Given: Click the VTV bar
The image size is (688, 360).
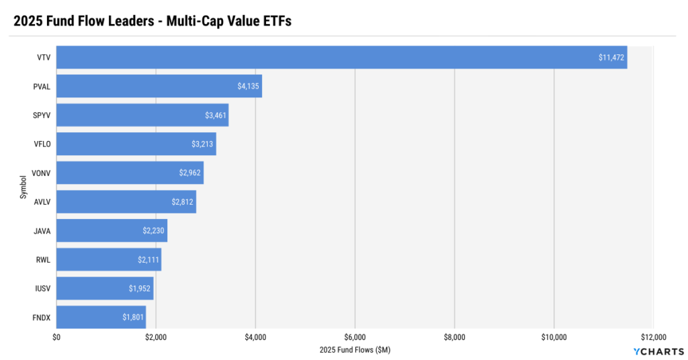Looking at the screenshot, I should pyautogui.click(x=341, y=58).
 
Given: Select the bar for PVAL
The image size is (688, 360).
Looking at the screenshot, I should pyautogui.click(x=159, y=87).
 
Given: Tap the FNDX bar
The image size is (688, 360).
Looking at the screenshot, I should pyautogui.click(x=101, y=317).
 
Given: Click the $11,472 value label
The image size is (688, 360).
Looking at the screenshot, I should pyautogui.click(x=611, y=58).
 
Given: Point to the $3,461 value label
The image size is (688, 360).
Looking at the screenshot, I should pyautogui.click(x=216, y=116).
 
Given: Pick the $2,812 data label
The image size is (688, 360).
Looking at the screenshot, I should pyautogui.click(x=183, y=201).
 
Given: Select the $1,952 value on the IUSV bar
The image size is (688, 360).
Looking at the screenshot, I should pyautogui.click(x=140, y=288).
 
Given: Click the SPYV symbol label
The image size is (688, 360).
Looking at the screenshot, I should pyautogui.click(x=42, y=116).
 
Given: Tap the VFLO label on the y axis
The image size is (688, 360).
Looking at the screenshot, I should pyautogui.click(x=42, y=144).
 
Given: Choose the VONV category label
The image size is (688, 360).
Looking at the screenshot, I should pyautogui.click(x=42, y=173).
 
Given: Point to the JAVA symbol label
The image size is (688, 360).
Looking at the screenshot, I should pyautogui.click(x=42, y=230).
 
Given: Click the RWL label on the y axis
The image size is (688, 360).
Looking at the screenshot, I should pyautogui.click(x=43, y=259).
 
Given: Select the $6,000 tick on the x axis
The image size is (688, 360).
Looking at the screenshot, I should pyautogui.click(x=355, y=336).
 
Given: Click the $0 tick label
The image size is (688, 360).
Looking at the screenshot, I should pyautogui.click(x=56, y=336).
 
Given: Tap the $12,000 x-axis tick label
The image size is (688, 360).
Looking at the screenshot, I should pyautogui.click(x=653, y=336).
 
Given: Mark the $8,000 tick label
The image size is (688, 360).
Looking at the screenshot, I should pyautogui.click(x=454, y=336).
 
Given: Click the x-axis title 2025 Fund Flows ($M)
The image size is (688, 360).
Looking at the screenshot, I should pyautogui.click(x=355, y=350).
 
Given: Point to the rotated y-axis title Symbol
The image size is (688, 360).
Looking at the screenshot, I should pyautogui.click(x=24, y=187).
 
